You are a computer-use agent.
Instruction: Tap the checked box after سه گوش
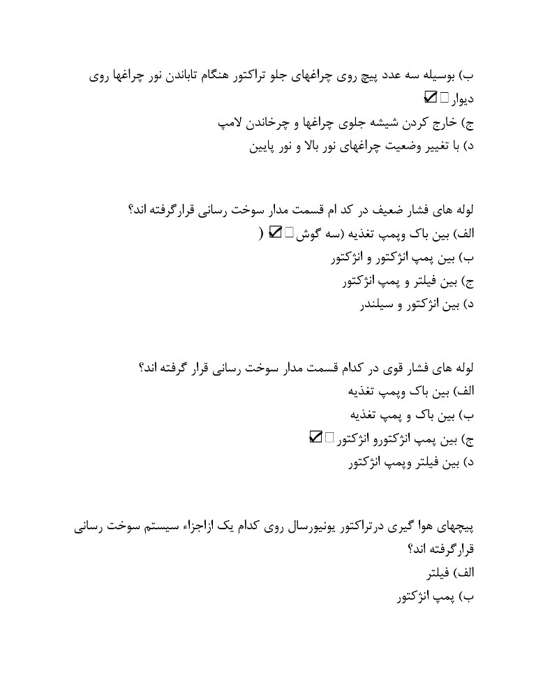[x=274, y=232]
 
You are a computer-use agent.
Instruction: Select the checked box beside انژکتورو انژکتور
[x=315, y=437]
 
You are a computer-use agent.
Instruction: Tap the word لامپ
[x=231, y=124]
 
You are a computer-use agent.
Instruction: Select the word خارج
[x=439, y=124]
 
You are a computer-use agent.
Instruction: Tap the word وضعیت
[x=385, y=147]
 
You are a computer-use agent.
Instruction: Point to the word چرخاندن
[x=269, y=124]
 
